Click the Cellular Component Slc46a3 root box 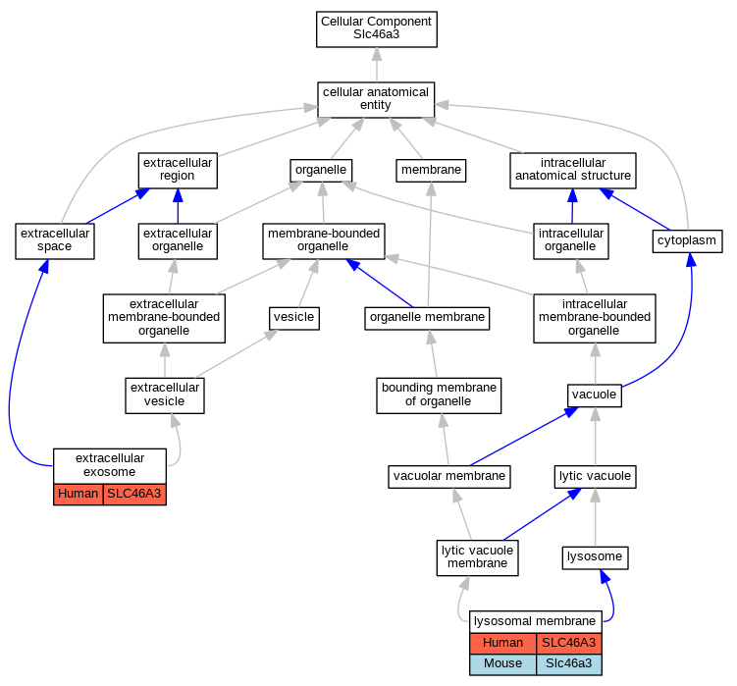(377, 29)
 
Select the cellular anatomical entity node (376, 100)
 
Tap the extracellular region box (178, 170)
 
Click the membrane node (431, 170)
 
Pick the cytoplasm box (687, 241)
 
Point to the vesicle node (294, 318)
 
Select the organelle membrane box (427, 318)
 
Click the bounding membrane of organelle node (439, 396)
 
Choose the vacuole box (595, 396)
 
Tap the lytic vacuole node (595, 477)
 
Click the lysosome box (595, 557)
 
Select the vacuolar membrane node (448, 477)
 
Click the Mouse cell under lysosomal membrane (502, 664)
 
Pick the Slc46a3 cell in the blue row (569, 664)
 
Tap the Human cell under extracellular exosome (79, 495)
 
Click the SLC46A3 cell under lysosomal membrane (569, 643)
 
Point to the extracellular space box (55, 241)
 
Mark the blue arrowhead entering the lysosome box (605, 576)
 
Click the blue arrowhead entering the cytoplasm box (691, 259)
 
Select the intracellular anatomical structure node (573, 170)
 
